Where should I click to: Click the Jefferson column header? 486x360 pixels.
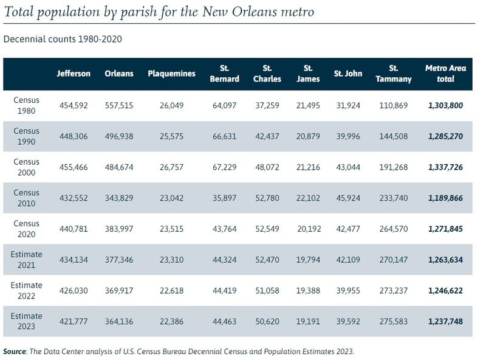[74, 74]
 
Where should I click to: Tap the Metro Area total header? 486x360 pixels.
[445, 74]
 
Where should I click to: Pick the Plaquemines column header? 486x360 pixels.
[171, 74]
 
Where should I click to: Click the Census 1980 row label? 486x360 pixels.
[26, 105]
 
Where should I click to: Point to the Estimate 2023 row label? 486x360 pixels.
[26, 321]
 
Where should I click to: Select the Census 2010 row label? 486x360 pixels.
[26, 198]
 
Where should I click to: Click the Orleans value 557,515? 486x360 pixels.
[119, 105]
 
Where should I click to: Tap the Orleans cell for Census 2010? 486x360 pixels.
[119, 198]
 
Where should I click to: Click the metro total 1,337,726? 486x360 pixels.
[445, 167]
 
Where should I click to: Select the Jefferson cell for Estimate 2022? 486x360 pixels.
[74, 291]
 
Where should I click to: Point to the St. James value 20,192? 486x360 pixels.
[308, 229]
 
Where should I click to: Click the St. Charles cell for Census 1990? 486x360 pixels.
[267, 136]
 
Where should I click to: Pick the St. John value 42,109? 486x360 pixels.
[348, 260]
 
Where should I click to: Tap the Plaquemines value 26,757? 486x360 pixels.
[171, 167]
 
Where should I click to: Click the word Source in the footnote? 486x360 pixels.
[15, 351]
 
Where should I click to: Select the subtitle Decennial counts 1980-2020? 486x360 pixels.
[63, 39]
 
